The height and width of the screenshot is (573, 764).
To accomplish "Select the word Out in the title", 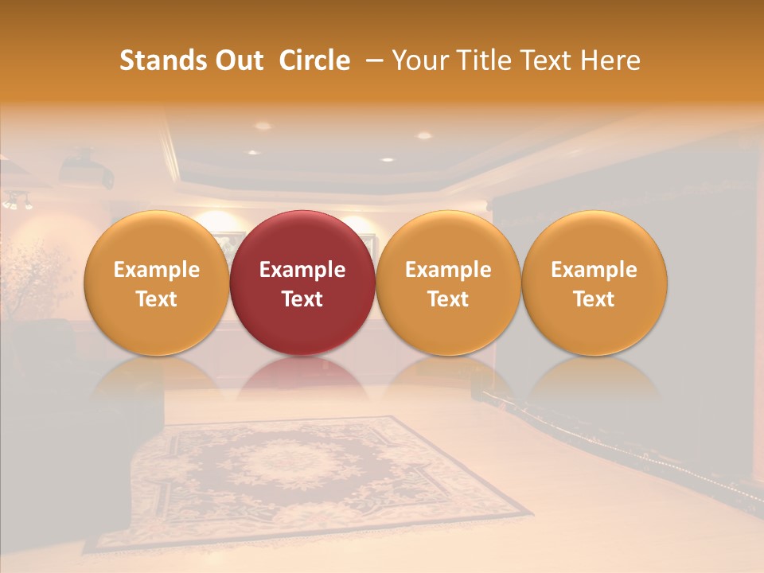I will (x=236, y=60).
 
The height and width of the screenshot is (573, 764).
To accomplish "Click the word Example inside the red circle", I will (x=302, y=270).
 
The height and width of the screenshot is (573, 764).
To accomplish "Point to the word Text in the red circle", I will (x=302, y=299).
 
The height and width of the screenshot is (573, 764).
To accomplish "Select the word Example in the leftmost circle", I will (x=157, y=270).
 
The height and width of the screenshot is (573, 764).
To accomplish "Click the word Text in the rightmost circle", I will (x=594, y=299).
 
